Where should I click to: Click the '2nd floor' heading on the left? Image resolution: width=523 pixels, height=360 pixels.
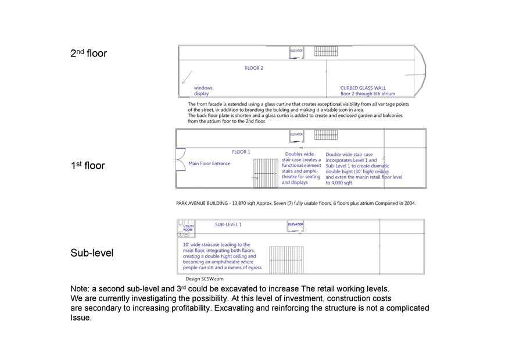(88, 54)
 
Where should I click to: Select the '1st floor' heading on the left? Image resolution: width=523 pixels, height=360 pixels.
(87, 166)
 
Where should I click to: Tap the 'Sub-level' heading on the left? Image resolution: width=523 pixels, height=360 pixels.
(92, 253)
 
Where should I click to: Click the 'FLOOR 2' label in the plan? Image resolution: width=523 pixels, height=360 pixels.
(254, 68)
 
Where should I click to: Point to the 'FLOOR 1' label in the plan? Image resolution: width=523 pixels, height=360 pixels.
(241, 152)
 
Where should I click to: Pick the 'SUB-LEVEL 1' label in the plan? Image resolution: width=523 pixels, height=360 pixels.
(228, 224)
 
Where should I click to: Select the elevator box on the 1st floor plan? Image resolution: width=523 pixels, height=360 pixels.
(296, 136)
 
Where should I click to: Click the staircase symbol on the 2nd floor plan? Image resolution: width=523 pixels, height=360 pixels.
(326, 51)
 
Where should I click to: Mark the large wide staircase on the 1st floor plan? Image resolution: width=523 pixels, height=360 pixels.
(266, 173)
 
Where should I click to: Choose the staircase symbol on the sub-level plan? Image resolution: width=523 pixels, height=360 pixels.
(286, 260)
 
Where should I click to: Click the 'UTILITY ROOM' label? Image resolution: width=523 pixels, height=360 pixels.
(188, 228)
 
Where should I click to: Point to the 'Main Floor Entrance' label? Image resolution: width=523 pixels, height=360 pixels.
(209, 163)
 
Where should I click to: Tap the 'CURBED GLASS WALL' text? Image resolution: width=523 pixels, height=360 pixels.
(363, 88)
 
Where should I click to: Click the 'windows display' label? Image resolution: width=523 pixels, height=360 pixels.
(203, 91)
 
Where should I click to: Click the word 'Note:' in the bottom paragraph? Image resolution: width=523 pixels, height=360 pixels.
(80, 289)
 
